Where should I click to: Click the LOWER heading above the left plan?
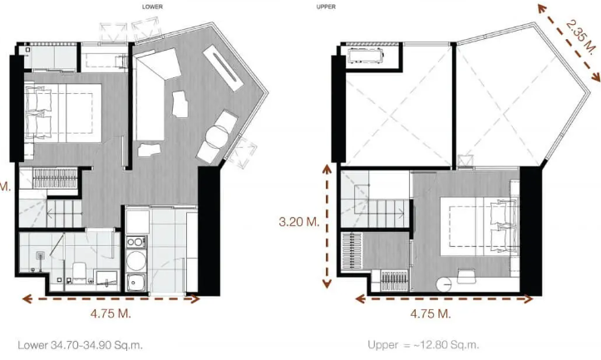[x=152, y=7]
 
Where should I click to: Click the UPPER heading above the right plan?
[x=326, y=7]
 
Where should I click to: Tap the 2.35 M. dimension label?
[x=581, y=38]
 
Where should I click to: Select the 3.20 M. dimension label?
[x=299, y=222]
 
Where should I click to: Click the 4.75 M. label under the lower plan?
[x=111, y=313]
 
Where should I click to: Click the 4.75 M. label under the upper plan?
[x=431, y=313]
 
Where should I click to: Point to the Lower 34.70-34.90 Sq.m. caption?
[x=80, y=345]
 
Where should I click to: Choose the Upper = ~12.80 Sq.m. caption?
[x=423, y=345]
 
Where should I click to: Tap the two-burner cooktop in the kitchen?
[x=136, y=242]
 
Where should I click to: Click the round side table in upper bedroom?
[x=445, y=284]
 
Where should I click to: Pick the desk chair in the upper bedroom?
[x=466, y=275]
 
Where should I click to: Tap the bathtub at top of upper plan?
[x=366, y=57]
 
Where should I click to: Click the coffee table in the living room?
[x=180, y=104]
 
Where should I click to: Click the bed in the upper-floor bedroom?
[x=478, y=226]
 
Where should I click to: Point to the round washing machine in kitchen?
[x=136, y=261]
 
